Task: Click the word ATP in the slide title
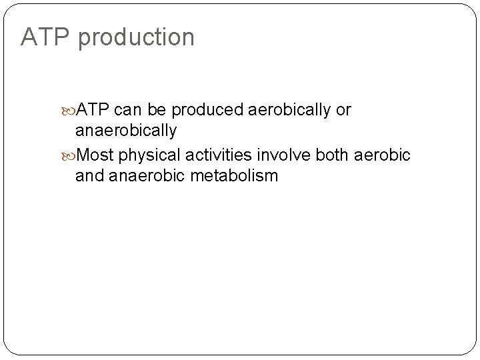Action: tap(45, 37)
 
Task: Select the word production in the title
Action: tap(136, 38)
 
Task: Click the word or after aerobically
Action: tap(344, 109)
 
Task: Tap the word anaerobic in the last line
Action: tap(148, 176)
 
